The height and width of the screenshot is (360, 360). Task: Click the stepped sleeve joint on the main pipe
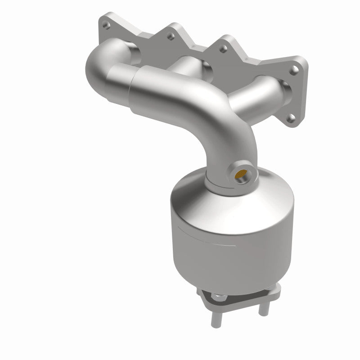pos(135,85)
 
